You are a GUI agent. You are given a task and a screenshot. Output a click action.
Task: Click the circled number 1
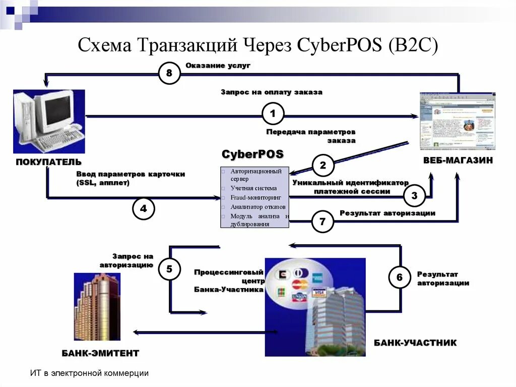point(273,114)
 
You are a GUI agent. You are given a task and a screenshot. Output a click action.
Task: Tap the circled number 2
point(323,165)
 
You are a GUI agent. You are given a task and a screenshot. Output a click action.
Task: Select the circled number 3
point(414,196)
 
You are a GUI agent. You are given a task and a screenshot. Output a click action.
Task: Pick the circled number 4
point(144,208)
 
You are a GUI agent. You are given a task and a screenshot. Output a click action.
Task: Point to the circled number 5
point(169,269)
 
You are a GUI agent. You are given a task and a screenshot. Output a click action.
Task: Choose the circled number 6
point(400,277)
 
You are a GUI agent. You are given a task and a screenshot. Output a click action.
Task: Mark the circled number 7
point(323,221)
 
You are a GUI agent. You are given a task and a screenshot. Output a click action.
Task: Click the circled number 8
point(169,74)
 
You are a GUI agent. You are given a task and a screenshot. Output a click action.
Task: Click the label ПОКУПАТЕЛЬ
point(49,161)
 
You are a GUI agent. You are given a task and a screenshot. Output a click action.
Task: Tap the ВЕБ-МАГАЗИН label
point(458,160)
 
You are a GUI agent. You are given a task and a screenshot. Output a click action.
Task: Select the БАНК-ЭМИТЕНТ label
point(100,352)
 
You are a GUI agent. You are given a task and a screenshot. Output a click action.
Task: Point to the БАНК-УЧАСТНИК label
point(415,343)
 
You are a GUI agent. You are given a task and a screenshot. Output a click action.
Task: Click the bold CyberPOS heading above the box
point(253,153)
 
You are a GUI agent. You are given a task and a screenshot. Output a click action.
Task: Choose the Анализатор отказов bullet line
point(257,207)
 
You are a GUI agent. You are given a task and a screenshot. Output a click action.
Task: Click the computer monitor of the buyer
point(58,110)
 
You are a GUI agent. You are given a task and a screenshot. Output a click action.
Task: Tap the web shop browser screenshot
point(457,121)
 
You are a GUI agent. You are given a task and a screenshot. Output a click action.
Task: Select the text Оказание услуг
point(218,66)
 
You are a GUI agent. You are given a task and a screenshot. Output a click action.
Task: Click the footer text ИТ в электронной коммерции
point(89,373)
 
